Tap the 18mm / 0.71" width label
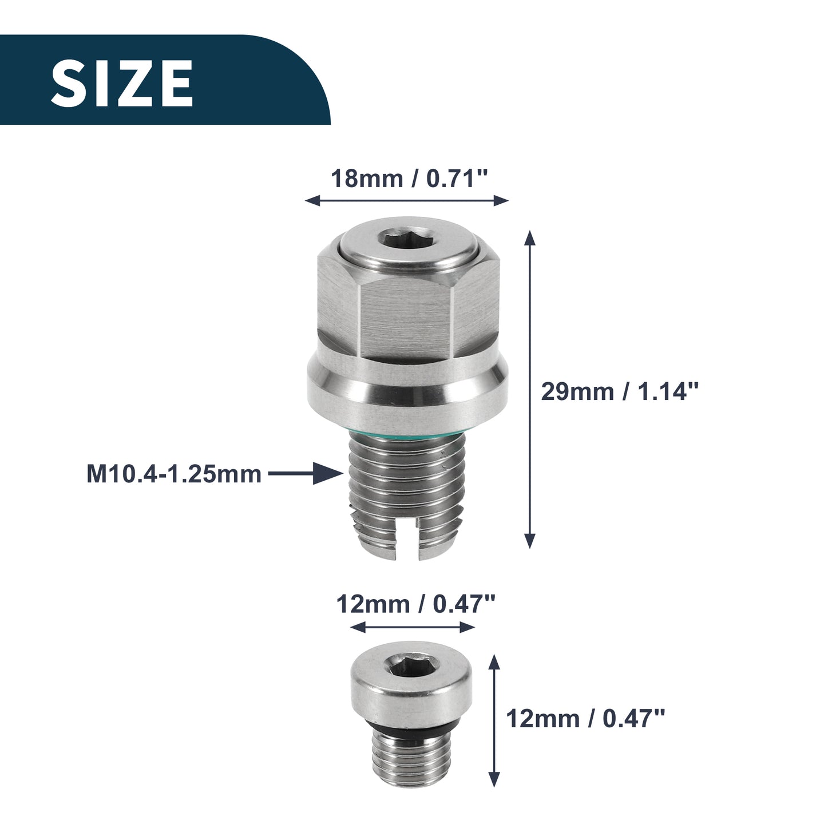point(409,179)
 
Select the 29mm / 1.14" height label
point(620,391)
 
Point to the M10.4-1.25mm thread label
point(173,474)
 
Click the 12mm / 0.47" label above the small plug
point(415,604)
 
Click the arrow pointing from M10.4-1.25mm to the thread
point(306,473)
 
